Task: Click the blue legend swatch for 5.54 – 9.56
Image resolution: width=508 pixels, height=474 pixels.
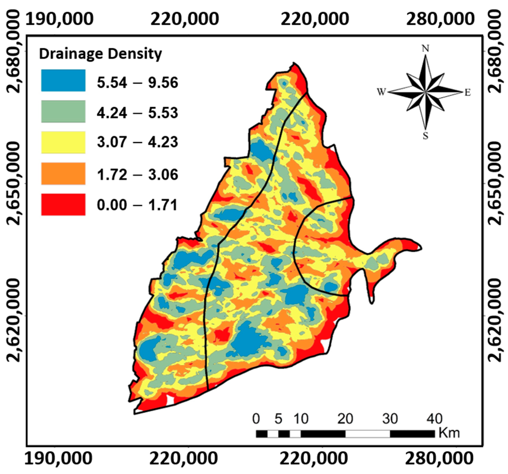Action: [63, 80]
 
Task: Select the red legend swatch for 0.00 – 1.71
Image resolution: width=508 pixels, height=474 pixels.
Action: [63, 204]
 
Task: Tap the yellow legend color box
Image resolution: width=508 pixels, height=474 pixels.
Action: [63, 142]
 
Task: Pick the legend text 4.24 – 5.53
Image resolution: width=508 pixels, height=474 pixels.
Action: [137, 113]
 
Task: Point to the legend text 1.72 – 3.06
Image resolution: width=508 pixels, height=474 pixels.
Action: [137, 175]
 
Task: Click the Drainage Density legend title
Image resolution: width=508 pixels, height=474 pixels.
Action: [100, 54]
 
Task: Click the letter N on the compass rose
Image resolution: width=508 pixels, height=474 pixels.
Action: [425, 48]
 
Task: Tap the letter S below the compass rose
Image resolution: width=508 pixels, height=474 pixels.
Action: [426, 135]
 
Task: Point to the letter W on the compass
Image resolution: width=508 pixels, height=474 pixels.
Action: [381, 91]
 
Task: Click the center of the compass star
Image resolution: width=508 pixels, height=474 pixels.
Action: [425, 92]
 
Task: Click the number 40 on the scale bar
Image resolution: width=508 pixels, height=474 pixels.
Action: [435, 419]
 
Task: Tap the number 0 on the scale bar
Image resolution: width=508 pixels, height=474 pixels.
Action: [256, 419]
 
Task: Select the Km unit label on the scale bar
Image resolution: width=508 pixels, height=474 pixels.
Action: [449, 433]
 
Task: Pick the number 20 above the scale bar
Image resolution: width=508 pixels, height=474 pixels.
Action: [345, 419]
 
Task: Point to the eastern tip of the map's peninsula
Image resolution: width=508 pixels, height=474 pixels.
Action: [421, 248]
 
